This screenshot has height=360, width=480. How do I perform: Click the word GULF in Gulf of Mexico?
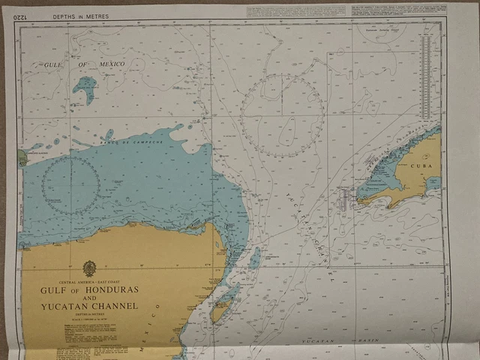[x=52, y=65]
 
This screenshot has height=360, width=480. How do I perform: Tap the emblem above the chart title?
[x=89, y=268]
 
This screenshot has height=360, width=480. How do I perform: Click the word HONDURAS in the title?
[x=109, y=289]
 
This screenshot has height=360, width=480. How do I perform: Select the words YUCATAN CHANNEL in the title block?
[x=89, y=306]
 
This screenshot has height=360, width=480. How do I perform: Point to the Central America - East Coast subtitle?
[x=89, y=280]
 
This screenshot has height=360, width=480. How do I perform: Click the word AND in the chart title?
[x=89, y=298]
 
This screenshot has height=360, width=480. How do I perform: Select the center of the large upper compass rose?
[x=283, y=115]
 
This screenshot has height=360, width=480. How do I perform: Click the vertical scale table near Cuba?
[x=427, y=78]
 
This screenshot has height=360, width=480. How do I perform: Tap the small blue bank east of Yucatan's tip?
[x=254, y=258]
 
